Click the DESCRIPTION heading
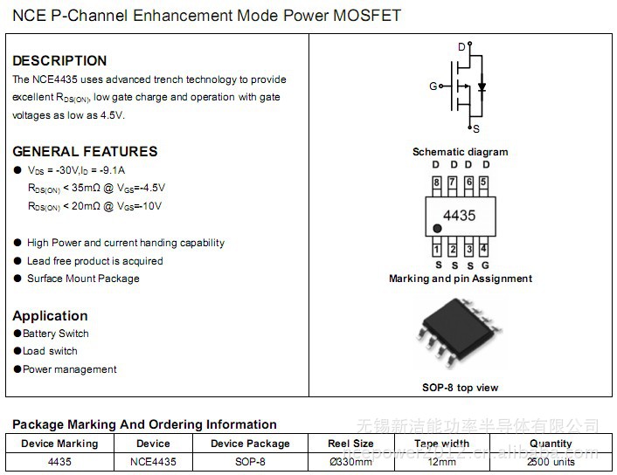[x=59, y=60]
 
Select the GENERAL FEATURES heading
[x=85, y=151]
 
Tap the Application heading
[x=50, y=315]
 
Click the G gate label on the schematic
[x=433, y=86]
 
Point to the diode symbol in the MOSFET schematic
[x=482, y=86]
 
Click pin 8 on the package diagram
[x=436, y=182]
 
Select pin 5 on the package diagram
[x=483, y=182]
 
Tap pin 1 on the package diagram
[x=437, y=250]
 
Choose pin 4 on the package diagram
[x=483, y=250]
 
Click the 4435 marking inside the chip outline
[x=460, y=215]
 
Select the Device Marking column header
[x=59, y=444]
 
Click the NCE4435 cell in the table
[x=154, y=461]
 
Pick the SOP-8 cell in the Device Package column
[x=250, y=461]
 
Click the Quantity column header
[x=551, y=444]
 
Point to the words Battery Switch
[x=56, y=334]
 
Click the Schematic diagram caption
[x=460, y=152]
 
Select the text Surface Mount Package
[x=83, y=279]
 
